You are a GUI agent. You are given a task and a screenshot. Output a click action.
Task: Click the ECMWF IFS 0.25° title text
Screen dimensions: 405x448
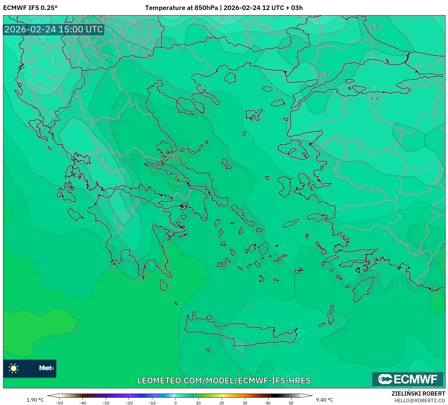[30, 8]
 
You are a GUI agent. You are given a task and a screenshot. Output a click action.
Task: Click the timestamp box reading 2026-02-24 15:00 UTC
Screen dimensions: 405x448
[54, 29]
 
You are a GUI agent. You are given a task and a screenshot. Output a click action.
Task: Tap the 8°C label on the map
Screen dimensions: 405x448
[174, 158]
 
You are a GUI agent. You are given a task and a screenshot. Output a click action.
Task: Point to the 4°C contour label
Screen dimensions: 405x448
[375, 99]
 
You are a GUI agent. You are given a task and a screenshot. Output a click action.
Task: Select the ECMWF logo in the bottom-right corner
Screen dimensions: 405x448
[408, 379]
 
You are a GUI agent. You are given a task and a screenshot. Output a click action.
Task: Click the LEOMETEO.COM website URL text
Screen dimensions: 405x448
[224, 380]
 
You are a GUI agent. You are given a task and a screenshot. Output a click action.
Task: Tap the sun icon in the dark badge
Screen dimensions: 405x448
[14, 368]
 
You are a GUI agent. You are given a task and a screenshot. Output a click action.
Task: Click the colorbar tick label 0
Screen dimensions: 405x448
[175, 403]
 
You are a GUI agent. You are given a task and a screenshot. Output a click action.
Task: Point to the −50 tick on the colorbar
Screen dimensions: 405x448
[59, 403]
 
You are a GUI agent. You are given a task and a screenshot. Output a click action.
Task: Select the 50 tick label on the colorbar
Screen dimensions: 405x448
[291, 403]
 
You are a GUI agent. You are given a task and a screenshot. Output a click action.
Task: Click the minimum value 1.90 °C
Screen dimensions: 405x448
[35, 400]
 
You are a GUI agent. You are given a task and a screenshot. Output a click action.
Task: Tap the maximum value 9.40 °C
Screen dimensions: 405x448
[324, 400]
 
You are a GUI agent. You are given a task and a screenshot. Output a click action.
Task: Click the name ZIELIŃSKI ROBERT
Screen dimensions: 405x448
[418, 394]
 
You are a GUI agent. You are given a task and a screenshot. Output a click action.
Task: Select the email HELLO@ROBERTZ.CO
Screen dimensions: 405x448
[420, 400]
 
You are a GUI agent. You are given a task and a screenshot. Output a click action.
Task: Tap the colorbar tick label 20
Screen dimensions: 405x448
[222, 403]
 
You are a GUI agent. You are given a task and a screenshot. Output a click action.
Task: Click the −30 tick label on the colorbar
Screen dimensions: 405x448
[106, 403]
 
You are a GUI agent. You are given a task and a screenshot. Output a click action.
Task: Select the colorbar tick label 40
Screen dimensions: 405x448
[268, 403]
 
